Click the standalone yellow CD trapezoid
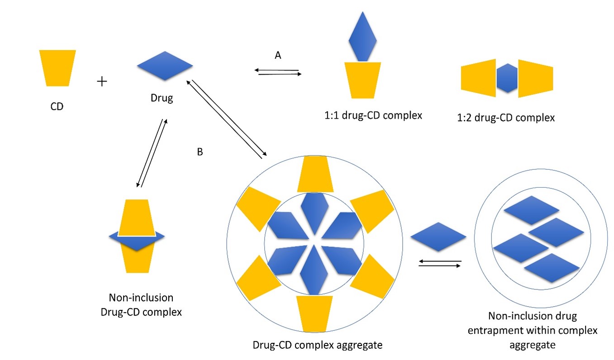point(57,67)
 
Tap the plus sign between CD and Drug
point(103,81)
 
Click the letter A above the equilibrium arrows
point(278,55)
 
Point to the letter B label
point(200,152)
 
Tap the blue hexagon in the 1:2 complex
point(507,78)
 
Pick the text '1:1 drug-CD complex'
point(370,115)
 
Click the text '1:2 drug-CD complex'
point(506,118)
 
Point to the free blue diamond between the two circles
point(438,237)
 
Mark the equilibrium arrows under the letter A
point(277,72)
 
